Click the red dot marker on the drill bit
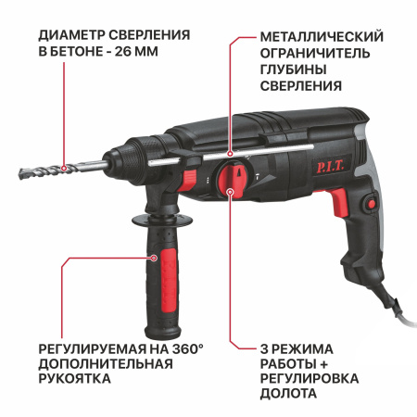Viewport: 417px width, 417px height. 64,169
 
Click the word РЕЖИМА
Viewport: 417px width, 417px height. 306,345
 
